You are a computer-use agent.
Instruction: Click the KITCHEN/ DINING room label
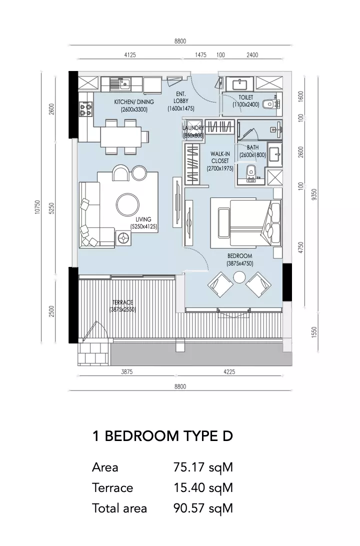(134, 102)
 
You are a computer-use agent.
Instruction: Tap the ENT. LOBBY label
(180, 97)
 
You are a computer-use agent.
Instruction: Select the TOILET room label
(246, 97)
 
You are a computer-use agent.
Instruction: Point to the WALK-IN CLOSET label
(220, 157)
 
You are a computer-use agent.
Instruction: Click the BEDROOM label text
(240, 256)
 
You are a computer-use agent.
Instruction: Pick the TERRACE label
(122, 302)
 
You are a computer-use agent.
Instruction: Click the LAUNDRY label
(193, 128)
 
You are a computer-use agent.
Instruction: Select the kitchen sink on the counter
(120, 83)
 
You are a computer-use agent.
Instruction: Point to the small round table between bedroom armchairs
(239, 277)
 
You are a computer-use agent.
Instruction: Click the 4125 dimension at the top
(130, 55)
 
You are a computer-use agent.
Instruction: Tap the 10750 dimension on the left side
(38, 207)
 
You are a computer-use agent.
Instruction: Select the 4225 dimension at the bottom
(229, 372)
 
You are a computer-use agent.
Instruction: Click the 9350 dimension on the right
(314, 194)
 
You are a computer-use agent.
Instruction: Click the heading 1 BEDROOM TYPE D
(162, 436)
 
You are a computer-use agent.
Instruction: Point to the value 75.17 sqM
(203, 467)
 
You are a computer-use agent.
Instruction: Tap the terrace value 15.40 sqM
(203, 488)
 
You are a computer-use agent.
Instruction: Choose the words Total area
(119, 508)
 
